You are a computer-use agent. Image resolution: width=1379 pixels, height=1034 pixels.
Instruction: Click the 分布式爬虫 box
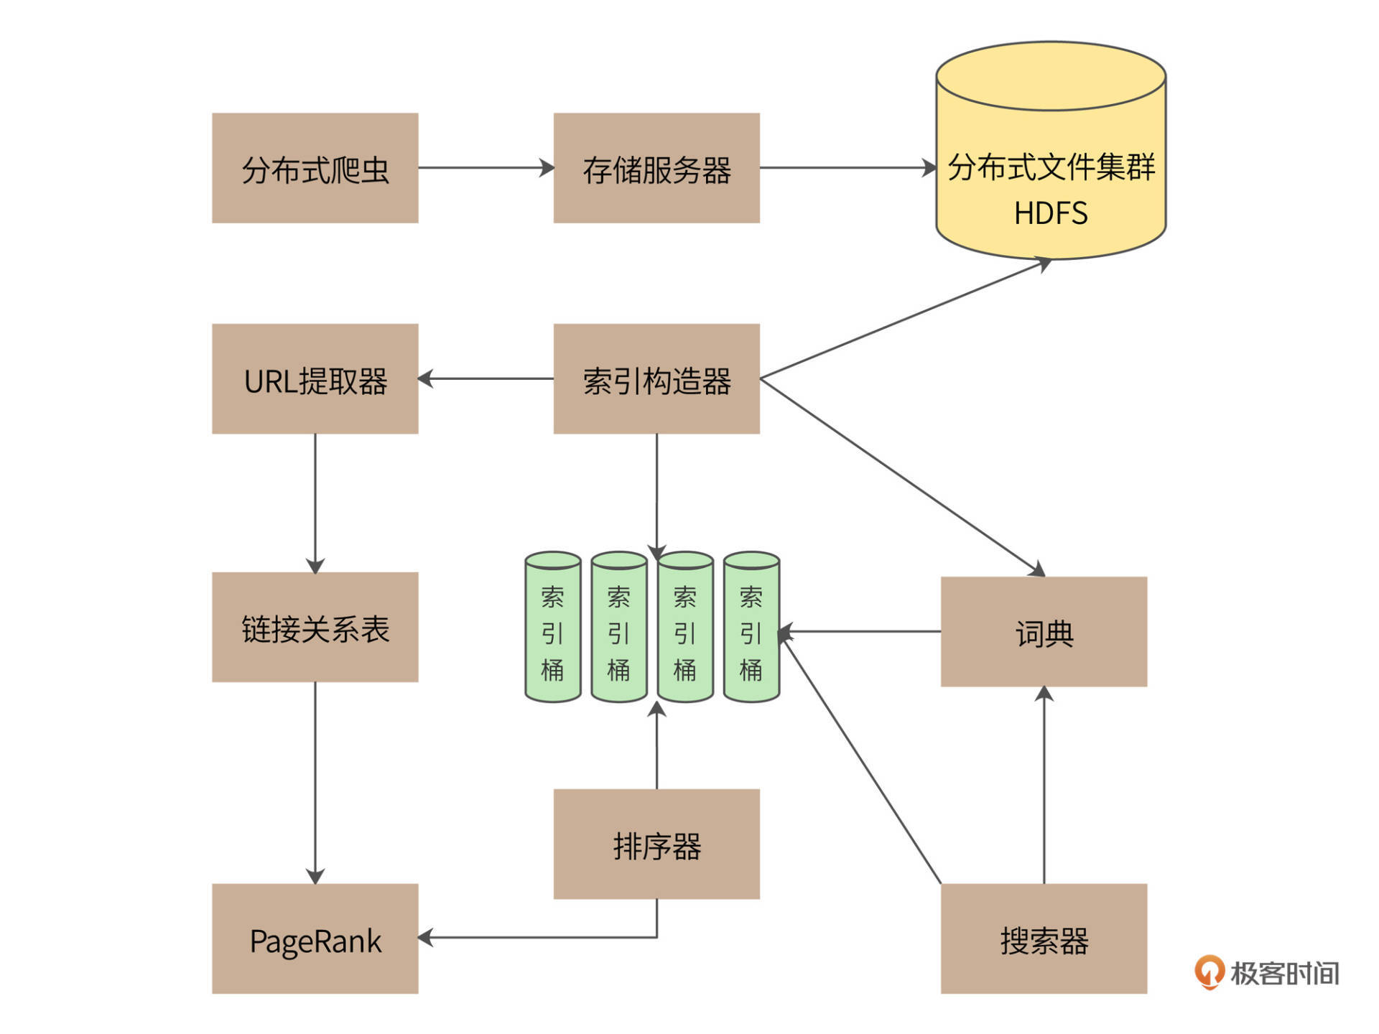[315, 168]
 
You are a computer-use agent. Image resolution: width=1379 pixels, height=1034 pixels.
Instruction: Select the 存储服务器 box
[656, 168]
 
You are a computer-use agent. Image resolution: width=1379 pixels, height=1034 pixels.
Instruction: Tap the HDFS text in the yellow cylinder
[1050, 213]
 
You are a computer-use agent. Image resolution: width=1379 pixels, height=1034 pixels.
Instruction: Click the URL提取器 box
[315, 378]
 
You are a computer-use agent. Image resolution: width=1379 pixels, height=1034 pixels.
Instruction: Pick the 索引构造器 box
[656, 378]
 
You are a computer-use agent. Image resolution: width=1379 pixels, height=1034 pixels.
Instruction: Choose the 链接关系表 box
[315, 627]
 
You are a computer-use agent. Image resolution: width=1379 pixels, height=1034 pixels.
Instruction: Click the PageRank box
[315, 938]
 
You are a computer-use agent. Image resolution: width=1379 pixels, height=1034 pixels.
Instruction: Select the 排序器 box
[656, 844]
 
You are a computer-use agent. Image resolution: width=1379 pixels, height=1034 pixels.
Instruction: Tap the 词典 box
[1043, 632]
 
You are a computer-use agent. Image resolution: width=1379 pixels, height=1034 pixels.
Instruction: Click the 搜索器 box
[1043, 938]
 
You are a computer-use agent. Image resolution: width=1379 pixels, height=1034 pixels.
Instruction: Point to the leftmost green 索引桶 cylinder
[552, 627]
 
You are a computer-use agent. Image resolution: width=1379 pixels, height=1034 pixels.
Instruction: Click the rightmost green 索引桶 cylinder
[751, 627]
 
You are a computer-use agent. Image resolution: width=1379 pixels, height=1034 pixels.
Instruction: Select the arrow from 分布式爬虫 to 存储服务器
[486, 168]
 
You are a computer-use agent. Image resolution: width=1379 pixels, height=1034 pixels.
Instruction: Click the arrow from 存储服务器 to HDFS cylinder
[848, 168]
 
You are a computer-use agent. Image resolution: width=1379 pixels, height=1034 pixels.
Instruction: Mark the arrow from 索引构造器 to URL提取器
[486, 378]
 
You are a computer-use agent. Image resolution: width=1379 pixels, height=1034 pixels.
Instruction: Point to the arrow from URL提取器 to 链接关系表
[315, 503]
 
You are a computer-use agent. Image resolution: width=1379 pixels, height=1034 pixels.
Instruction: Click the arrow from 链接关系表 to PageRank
[315, 783]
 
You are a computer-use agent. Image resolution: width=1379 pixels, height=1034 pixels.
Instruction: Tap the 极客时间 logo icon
[1209, 972]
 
